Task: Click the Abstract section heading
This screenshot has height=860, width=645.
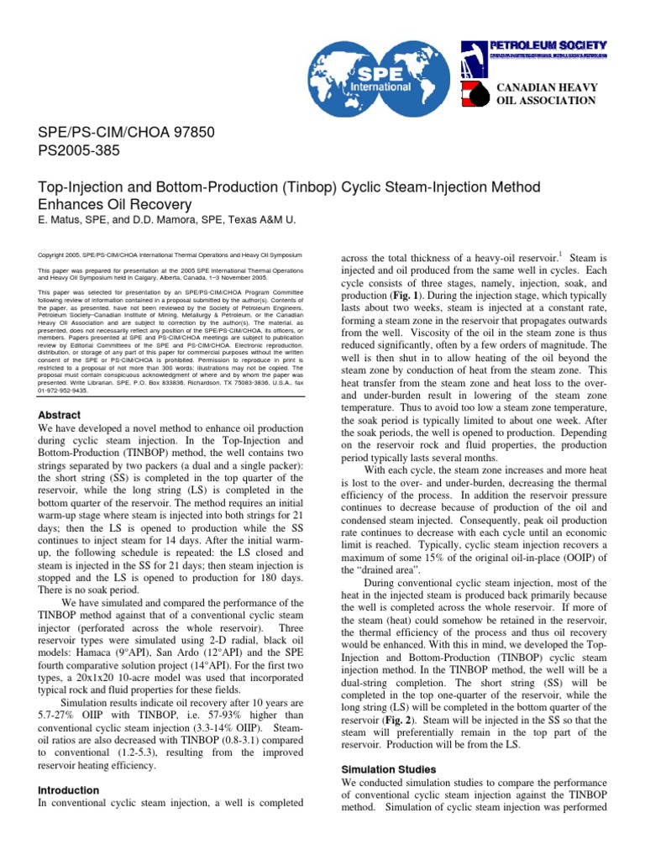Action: tap(60, 415)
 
